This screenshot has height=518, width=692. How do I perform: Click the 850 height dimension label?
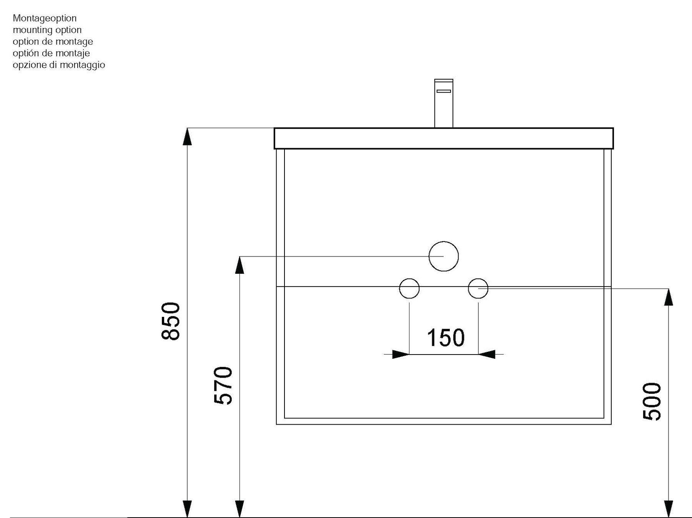coord(171,321)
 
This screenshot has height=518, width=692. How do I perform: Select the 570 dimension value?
coord(223,386)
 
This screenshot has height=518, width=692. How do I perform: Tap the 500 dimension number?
coord(652,401)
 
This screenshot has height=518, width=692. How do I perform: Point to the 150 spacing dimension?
coord(446,338)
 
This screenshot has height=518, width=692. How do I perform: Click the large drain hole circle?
coord(444,242)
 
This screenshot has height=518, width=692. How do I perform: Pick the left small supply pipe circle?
coord(409,278)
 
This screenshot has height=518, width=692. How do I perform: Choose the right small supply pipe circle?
coord(478,278)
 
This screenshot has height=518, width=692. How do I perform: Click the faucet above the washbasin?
coord(444,103)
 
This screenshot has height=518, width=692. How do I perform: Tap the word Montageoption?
coord(45,18)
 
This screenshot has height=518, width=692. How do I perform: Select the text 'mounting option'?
coord(47,30)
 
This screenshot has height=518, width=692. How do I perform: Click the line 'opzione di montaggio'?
coord(59,65)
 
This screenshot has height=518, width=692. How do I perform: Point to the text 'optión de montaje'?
coord(51,53)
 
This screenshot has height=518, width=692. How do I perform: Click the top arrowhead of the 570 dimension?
coord(239,265)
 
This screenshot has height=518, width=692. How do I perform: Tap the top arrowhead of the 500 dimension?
coord(669,297)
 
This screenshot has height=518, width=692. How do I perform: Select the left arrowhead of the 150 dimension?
coord(401,354)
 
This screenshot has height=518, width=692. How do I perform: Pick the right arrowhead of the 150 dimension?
coord(487,354)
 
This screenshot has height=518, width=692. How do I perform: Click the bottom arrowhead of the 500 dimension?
coord(669,509)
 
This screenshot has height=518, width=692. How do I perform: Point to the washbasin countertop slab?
coord(444,138)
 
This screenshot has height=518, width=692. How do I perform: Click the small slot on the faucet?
coord(444,91)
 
